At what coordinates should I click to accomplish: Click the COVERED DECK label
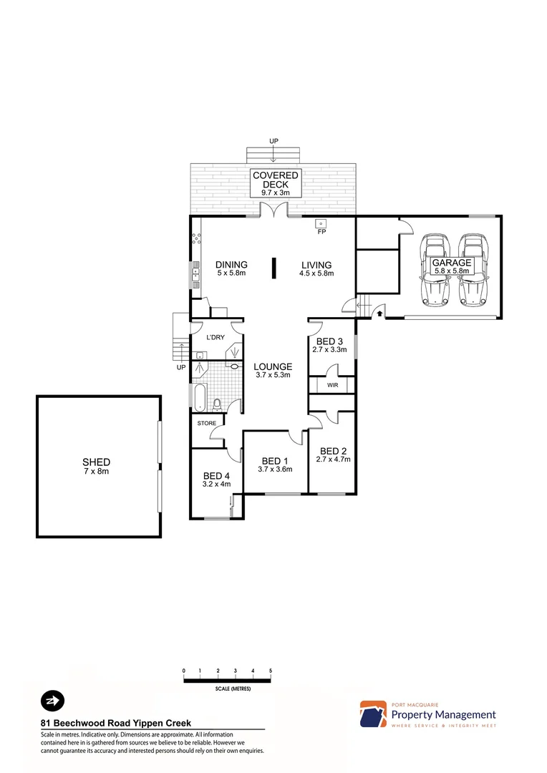pyautogui.click(x=275, y=180)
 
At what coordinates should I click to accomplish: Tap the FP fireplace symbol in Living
pyautogui.click(x=321, y=223)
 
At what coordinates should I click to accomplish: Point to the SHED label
pyautogui.click(x=96, y=462)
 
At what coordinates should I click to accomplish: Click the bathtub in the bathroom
pyautogui.click(x=198, y=397)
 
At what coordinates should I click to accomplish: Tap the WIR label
pyautogui.click(x=332, y=385)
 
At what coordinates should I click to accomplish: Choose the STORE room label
pyautogui.click(x=206, y=423)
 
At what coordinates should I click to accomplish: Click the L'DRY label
pyautogui.click(x=216, y=337)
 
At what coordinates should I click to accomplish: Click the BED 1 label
pyautogui.click(x=275, y=460)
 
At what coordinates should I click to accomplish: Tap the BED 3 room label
pyautogui.click(x=329, y=341)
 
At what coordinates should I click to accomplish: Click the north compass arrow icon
pyautogui.click(x=52, y=699)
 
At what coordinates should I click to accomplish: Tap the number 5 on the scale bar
pyautogui.click(x=271, y=671)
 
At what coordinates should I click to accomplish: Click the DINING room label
pyautogui.click(x=231, y=264)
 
